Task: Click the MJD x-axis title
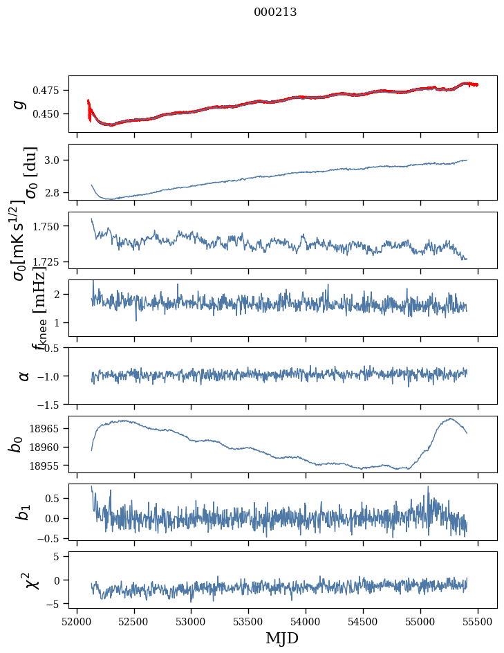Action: pyautogui.click(x=282, y=638)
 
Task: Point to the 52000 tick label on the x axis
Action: pyautogui.click(x=77, y=620)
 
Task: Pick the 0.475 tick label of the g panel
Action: pyautogui.click(x=48, y=91)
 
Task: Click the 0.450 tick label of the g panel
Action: pyautogui.click(x=48, y=113)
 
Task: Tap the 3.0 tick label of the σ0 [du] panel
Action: pyautogui.click(x=55, y=160)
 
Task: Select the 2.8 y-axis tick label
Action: pyautogui.click(x=55, y=192)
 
